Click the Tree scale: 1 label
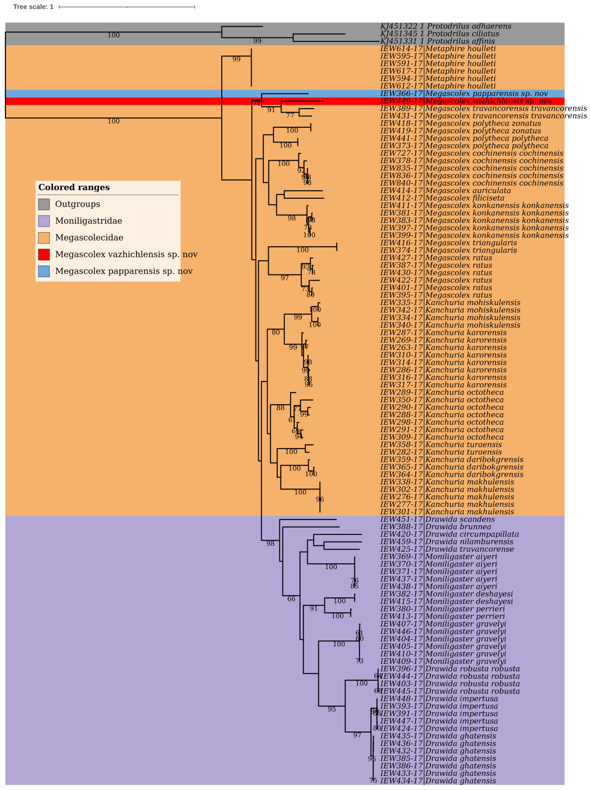click(33, 7)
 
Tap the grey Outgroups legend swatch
click(44, 204)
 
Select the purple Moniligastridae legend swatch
click(44, 221)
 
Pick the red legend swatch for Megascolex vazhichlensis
click(44, 254)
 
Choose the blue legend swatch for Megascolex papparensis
click(44, 271)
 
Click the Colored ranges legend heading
click(74, 188)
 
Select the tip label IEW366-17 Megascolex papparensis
click(464, 94)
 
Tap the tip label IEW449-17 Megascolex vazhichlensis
click(466, 101)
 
